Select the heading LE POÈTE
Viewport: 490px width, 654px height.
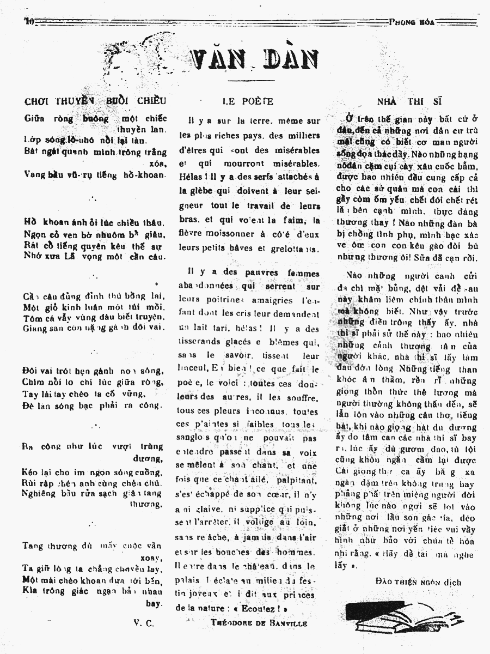[248, 101]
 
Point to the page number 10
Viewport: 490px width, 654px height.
[29, 21]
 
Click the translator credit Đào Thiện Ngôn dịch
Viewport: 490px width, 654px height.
[418, 582]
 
